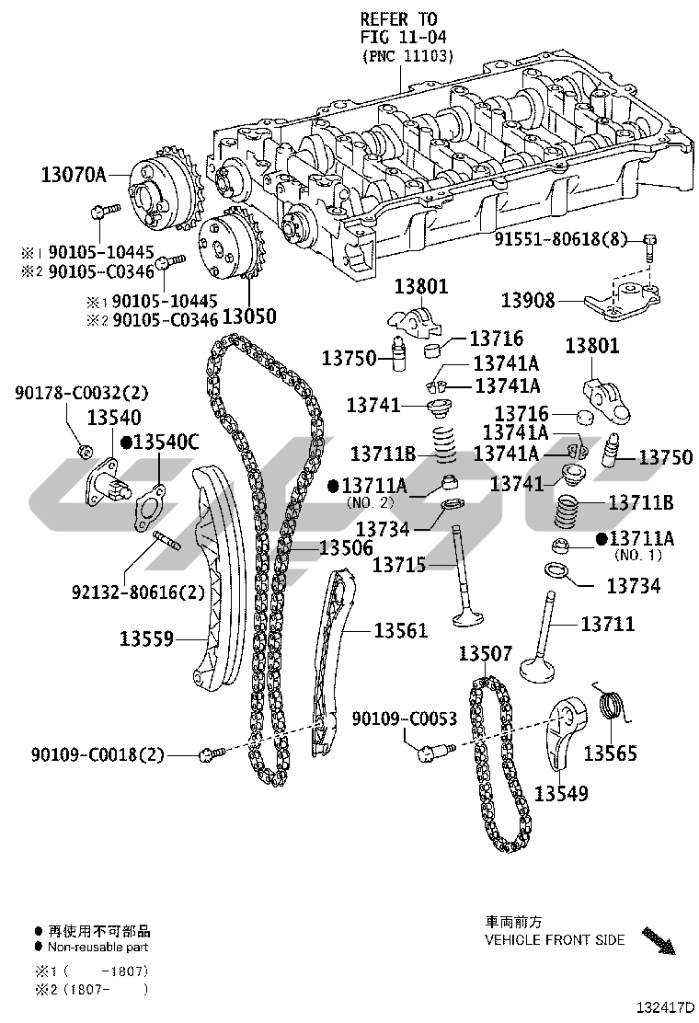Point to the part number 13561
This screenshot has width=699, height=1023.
(x=400, y=630)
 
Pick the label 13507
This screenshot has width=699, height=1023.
(x=485, y=654)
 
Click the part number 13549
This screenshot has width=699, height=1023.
(x=561, y=792)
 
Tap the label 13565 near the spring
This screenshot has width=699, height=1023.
(x=610, y=753)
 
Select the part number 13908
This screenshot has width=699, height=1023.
(x=529, y=300)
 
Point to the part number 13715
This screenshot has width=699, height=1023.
(x=399, y=564)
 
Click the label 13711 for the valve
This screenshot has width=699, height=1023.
(x=607, y=625)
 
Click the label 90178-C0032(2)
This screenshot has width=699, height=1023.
(x=82, y=393)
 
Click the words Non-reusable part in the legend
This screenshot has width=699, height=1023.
(x=98, y=947)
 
